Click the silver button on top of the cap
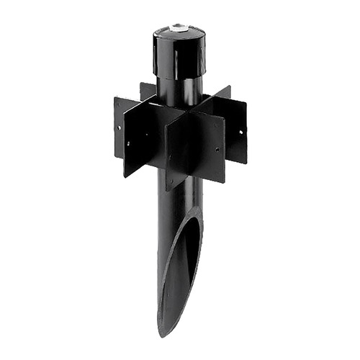[x=178, y=28]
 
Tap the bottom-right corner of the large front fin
[x=224, y=182]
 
